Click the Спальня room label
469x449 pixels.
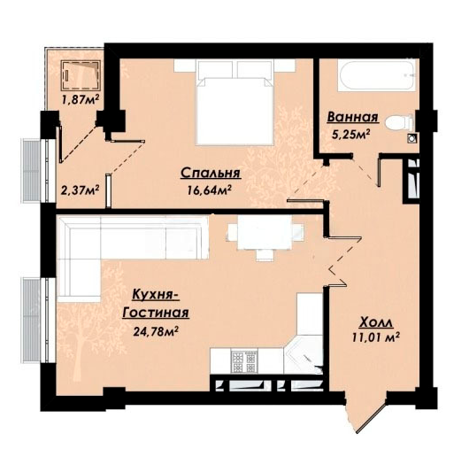point(211,173)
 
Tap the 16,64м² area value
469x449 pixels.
point(210,190)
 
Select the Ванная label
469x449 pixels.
point(353,117)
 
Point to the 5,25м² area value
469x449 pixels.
point(351,134)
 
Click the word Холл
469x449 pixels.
point(376,322)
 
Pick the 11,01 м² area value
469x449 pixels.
point(376,337)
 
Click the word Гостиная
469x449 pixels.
point(156,313)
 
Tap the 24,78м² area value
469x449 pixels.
point(156,331)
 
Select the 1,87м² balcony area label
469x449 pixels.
point(81,99)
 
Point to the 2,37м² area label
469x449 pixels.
point(80,190)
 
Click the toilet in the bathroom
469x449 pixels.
point(399,123)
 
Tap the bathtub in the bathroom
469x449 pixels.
point(377,74)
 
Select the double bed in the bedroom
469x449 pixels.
point(234,103)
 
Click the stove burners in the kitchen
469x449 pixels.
point(243,361)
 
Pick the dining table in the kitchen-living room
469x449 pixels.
point(265,236)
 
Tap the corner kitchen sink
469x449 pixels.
point(303,355)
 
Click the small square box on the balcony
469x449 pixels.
point(81,75)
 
